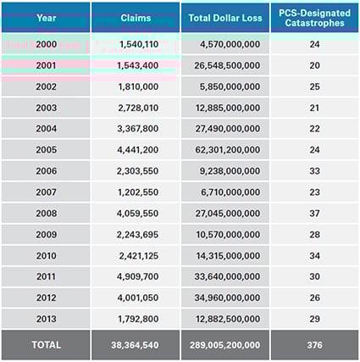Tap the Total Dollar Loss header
point(224,17)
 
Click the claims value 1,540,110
point(136,44)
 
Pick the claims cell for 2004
point(136,128)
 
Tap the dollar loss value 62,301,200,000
point(224,149)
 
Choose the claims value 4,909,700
point(136,276)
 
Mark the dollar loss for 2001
point(224,65)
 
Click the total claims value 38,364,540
point(136,345)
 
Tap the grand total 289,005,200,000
point(224,345)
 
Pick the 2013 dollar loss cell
point(224,319)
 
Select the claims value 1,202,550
point(136,192)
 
